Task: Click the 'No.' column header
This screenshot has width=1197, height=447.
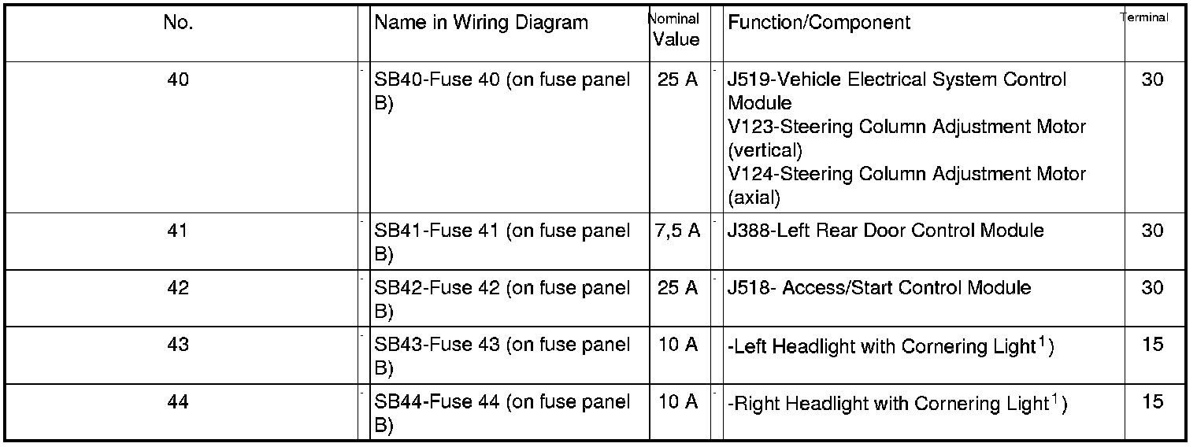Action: pos(178,23)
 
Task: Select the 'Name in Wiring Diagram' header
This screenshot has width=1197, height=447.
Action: pos(481,23)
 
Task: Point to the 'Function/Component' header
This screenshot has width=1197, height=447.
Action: pos(819,23)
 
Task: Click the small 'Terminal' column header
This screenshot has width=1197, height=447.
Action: pos(1144,17)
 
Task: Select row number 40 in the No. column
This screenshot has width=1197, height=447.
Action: pos(178,79)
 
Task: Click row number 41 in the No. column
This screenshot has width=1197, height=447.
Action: pos(178,231)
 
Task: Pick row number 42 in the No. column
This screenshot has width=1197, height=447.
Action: pos(178,288)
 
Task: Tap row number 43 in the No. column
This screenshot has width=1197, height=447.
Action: pos(178,345)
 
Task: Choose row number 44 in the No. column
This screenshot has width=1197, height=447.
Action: pos(178,402)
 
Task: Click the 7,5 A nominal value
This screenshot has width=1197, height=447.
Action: pos(676,231)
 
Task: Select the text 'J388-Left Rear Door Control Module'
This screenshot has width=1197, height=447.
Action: pos(886,231)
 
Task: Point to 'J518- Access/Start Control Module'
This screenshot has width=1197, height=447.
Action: pos(879,288)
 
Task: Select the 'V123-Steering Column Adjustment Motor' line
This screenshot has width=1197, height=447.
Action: pos(906,127)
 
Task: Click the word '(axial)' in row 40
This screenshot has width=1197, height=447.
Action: pos(754,198)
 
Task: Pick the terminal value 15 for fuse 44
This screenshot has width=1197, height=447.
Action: pos(1152,402)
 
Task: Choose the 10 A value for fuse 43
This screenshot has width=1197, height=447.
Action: pos(677,345)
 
